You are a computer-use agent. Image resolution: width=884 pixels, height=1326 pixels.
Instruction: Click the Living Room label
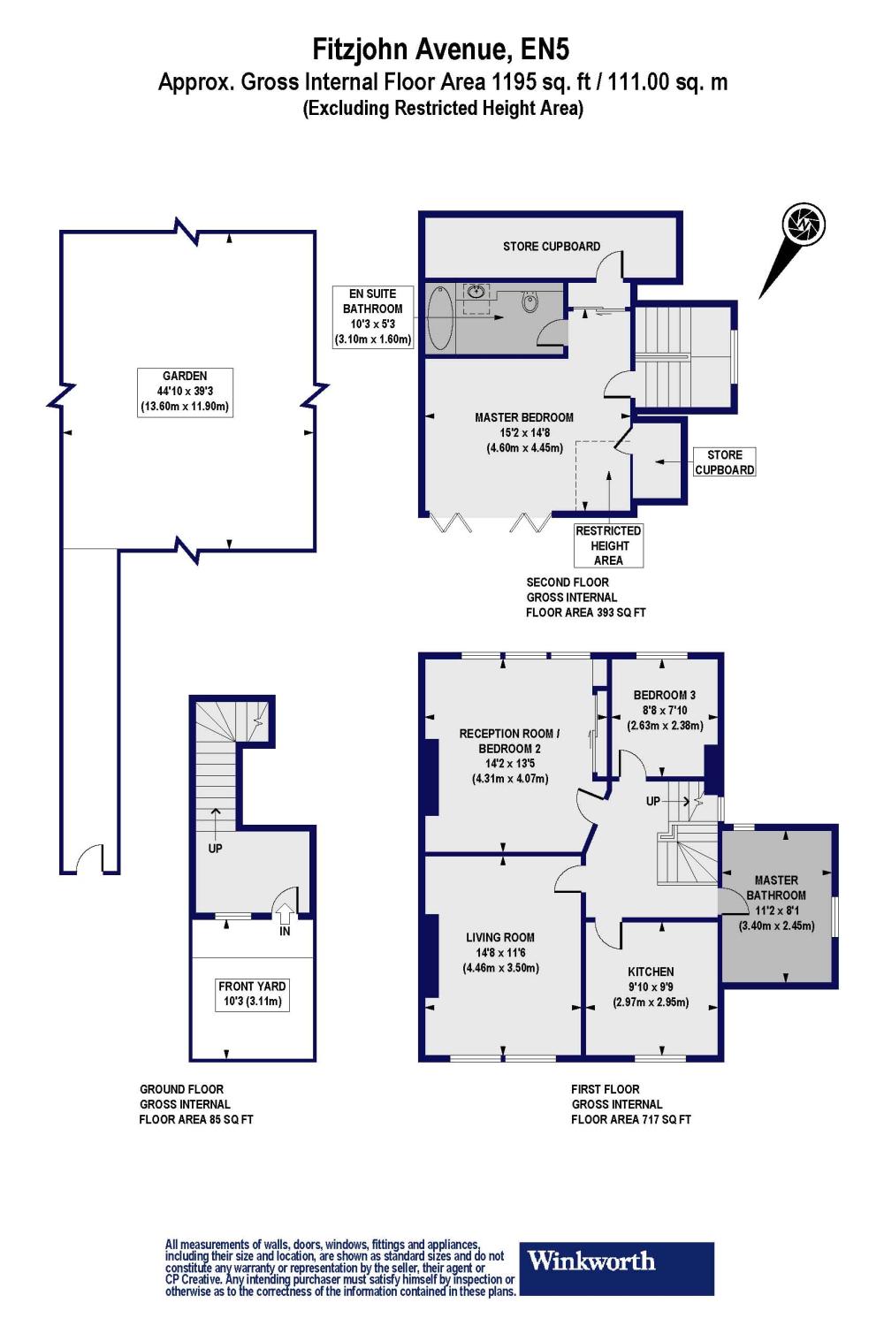point(500,952)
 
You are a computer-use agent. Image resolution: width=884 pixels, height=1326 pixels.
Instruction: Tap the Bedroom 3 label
point(665,710)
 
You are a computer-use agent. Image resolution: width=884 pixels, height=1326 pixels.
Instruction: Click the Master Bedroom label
point(524,432)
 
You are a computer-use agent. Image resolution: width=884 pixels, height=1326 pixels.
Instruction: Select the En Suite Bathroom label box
point(372,316)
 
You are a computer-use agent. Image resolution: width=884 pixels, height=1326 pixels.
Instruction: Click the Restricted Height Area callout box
point(608,545)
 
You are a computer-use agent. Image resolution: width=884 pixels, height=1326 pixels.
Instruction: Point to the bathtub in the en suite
point(439,320)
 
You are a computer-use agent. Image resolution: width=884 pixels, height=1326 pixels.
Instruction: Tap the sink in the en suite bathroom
point(476,293)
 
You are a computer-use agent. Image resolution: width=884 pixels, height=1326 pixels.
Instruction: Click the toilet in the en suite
point(530,302)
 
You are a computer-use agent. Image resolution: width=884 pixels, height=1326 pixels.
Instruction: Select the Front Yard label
point(252,994)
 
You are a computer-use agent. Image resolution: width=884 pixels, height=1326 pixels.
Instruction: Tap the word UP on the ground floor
point(215,849)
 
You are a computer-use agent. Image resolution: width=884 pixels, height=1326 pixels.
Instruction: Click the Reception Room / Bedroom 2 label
point(509,756)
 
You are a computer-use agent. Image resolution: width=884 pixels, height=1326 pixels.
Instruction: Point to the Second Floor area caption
point(585,597)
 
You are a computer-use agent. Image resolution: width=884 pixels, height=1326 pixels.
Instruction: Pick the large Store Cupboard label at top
point(552,246)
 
